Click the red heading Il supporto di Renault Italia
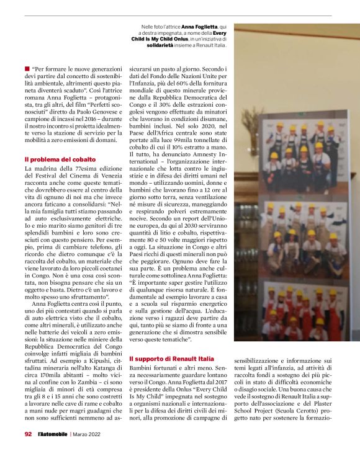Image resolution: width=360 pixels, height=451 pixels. pyautogui.click(x=171, y=359)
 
